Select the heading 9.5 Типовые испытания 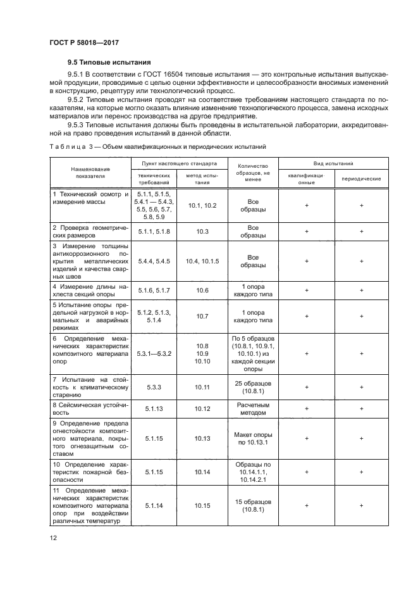(x=109, y=63)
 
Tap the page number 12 (x=53, y=538)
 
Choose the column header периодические (x=360, y=179)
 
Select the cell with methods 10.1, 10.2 (x=202, y=206)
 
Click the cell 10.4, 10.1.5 (x=202, y=261)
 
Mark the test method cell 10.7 (x=202, y=315)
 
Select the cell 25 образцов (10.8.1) (x=253, y=387)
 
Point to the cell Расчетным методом (x=253, y=408)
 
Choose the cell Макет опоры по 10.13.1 (x=253, y=438)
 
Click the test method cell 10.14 (x=202, y=472)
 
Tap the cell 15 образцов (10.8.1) (x=253, y=506)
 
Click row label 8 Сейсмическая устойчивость (x=90, y=408)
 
